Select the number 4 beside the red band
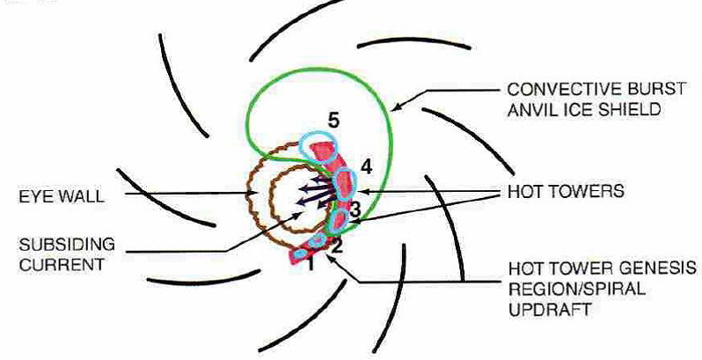click(x=366, y=165)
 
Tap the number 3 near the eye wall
click(x=354, y=209)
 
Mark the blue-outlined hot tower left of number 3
click(x=337, y=217)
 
